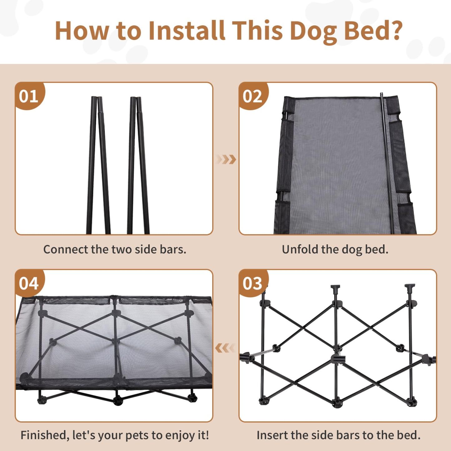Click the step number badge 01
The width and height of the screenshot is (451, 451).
tap(29, 96)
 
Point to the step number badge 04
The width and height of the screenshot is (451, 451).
tap(29, 283)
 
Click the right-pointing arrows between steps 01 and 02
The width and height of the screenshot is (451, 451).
tap(226, 159)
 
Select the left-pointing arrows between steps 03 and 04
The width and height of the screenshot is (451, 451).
tap(225, 348)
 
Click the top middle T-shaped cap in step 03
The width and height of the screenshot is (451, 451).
tap(336, 289)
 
